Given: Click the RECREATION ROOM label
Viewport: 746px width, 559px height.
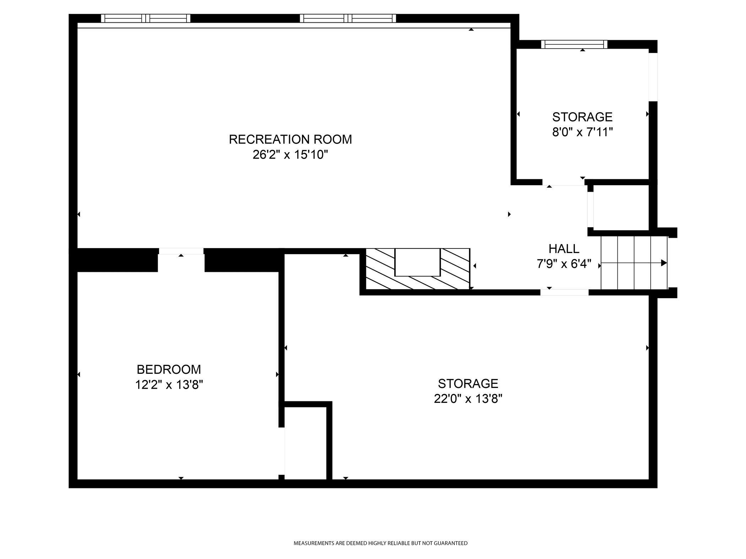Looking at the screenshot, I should click(x=290, y=139).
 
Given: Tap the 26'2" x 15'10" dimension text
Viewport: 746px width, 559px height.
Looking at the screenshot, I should click(x=290, y=155).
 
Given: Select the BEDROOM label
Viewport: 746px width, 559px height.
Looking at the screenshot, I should click(x=169, y=369).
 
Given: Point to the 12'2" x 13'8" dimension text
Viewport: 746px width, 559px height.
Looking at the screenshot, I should click(x=169, y=385).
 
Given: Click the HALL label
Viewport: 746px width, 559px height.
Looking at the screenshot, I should click(x=564, y=249).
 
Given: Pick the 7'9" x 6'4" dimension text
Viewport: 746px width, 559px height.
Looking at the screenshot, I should click(x=564, y=264).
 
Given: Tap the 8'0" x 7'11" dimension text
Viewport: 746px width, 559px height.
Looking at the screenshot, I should click(x=583, y=132).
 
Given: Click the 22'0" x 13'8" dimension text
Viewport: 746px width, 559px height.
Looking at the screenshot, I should click(x=468, y=399).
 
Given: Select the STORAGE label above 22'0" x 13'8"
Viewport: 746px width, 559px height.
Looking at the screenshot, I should click(x=468, y=384).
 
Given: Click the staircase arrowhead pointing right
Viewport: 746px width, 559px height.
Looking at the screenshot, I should click(x=663, y=263).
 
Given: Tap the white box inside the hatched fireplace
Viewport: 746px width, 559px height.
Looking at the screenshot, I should click(x=417, y=262).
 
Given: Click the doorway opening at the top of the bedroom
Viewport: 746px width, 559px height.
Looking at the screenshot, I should click(x=181, y=251).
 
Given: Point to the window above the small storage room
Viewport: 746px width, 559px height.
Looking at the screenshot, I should click(x=574, y=44).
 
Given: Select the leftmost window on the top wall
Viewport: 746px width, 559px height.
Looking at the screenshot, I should click(x=146, y=18).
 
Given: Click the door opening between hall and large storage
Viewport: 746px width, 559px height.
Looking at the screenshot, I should click(x=564, y=292).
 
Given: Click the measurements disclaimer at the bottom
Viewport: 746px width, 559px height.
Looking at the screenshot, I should click(x=380, y=543).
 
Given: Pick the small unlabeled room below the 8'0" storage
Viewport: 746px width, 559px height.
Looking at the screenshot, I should click(x=621, y=207).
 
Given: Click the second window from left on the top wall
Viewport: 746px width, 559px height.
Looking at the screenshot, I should click(x=348, y=18).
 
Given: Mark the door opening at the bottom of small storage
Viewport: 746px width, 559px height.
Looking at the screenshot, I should click(x=563, y=182).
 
